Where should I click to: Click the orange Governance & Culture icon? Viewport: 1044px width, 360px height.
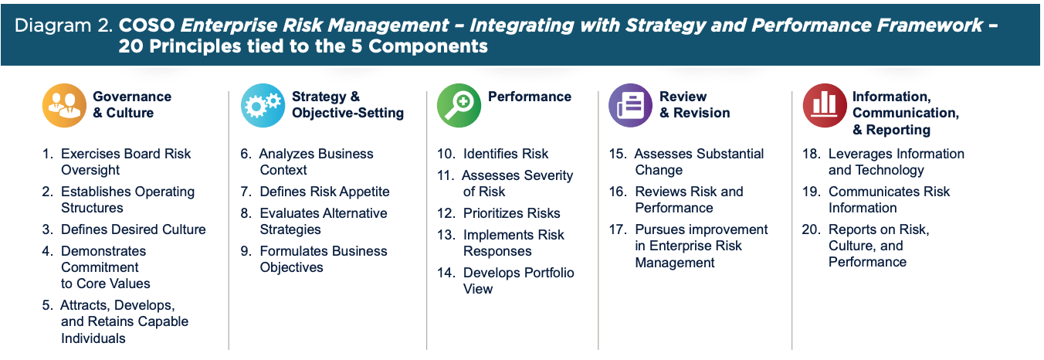point(64,105)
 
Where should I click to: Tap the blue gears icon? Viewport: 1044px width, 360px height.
point(263,105)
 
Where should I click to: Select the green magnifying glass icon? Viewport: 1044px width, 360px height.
point(459,105)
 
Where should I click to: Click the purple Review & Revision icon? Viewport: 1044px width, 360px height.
point(631,105)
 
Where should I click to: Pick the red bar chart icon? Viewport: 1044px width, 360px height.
point(825,105)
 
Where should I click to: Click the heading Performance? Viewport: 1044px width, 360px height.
point(530,97)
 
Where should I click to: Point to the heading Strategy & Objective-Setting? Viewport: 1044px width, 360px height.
point(347,105)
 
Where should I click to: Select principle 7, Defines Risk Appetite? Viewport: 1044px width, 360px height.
point(315,192)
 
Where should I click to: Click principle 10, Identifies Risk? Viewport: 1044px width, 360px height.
point(493,154)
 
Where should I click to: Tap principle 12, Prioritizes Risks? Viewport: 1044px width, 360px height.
point(499,213)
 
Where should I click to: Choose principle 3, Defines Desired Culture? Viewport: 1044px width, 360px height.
point(124,229)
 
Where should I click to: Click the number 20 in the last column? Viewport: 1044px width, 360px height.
point(811,229)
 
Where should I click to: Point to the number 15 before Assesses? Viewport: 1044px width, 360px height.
point(618,154)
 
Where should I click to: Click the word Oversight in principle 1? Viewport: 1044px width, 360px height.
point(90,170)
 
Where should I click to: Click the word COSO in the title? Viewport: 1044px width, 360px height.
point(147,25)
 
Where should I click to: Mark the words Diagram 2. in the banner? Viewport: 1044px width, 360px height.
point(64,25)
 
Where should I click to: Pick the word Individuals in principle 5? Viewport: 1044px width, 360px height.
point(93,338)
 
